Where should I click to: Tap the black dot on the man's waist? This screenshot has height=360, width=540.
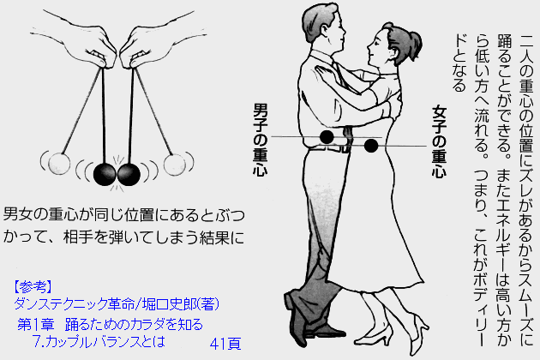(x=327, y=137)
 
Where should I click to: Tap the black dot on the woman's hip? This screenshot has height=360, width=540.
(x=370, y=146)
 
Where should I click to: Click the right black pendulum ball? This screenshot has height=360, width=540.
(x=129, y=174)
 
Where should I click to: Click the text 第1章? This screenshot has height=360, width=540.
(x=38, y=325)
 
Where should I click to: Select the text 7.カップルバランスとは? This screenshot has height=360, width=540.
(x=97, y=342)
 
